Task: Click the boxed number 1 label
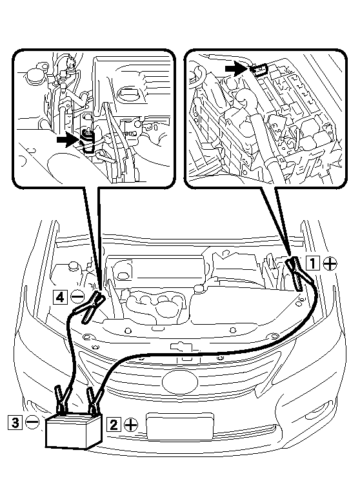313,263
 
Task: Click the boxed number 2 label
114,424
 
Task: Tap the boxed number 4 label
60,296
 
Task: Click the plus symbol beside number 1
330,263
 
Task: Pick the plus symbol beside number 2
131,424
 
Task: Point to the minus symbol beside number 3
32,422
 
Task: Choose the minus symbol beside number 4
77,296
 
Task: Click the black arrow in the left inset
67,140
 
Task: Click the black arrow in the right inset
237,68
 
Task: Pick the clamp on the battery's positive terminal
93,401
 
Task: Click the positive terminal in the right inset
260,70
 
